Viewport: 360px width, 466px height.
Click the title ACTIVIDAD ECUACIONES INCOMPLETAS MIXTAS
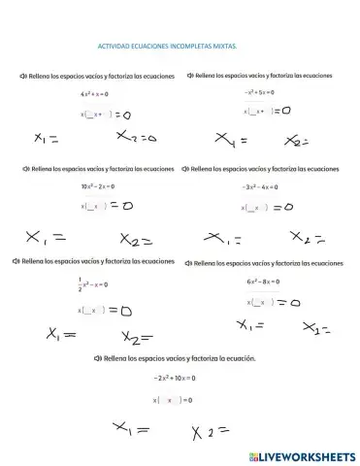point(167,45)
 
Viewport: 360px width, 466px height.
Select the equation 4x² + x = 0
point(94,94)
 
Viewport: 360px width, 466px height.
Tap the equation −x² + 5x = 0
point(259,92)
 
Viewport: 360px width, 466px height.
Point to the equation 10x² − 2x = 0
point(99,185)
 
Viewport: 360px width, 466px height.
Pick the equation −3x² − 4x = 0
point(260,186)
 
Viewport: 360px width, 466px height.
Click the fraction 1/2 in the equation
point(81,283)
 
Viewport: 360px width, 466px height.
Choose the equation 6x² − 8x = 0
point(263,282)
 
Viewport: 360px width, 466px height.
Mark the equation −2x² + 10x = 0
point(175,378)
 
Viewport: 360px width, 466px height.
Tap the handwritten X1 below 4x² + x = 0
point(46,138)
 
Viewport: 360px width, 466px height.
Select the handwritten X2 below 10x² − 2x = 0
point(137,239)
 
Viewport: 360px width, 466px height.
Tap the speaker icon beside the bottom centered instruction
point(97,358)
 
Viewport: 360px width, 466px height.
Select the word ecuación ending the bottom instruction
point(239,358)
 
